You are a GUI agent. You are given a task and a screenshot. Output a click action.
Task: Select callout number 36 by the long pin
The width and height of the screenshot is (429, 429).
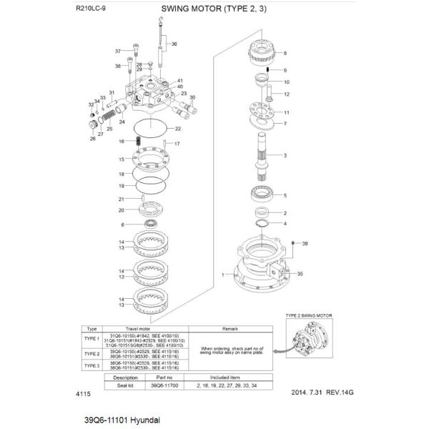pyautogui.click(x=173, y=44)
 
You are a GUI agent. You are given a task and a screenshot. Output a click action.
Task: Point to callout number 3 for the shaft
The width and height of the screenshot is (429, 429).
pyautogui.click(x=285, y=155)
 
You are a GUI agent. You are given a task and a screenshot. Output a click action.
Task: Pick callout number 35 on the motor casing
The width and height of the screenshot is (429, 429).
pyautogui.click(x=300, y=273)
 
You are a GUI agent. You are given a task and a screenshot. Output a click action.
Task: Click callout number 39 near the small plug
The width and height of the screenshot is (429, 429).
pyautogui.click(x=305, y=244)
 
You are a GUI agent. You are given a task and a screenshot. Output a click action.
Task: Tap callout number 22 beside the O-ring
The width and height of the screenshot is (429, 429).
pyautogui.click(x=178, y=129)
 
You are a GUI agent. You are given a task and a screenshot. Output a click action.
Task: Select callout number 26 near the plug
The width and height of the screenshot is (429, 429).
pyautogui.click(x=92, y=139)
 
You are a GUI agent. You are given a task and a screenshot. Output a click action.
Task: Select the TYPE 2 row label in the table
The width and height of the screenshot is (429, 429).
pyautogui.click(x=92, y=353)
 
